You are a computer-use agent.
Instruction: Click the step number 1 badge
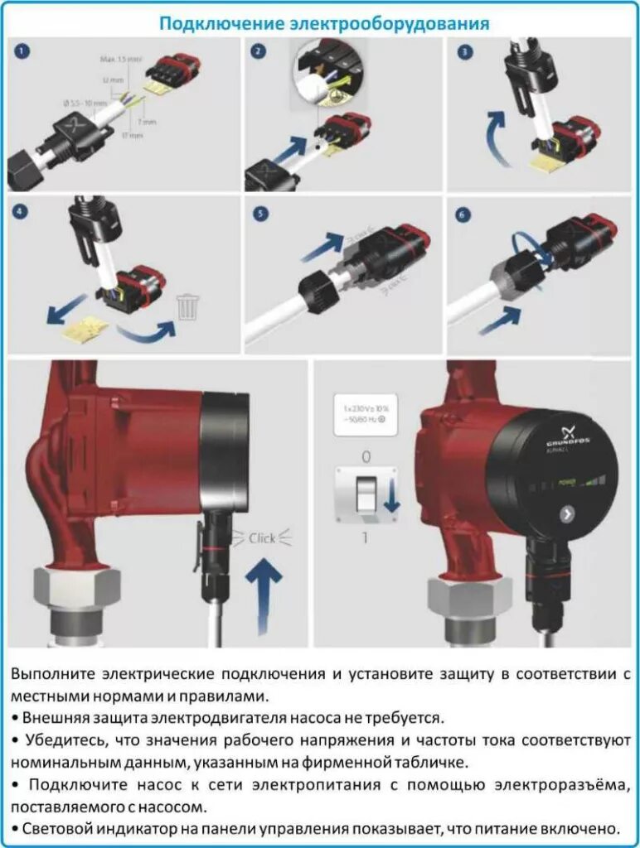[22, 51]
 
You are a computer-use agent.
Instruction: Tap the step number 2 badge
[259, 51]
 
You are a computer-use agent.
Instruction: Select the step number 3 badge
[465, 51]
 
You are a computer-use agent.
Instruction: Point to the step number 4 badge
[22, 213]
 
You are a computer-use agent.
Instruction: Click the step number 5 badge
[260, 214]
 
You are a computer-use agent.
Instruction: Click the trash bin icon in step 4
[188, 309]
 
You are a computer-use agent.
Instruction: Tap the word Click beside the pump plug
[262, 538]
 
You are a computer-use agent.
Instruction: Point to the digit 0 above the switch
[366, 456]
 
